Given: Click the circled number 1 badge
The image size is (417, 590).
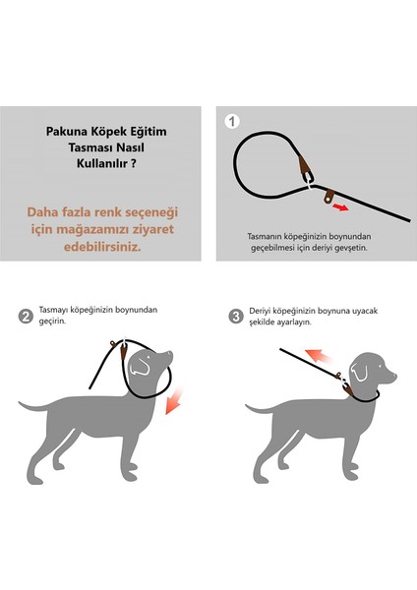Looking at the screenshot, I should pos(232,122).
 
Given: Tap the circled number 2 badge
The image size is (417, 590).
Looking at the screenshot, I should pos(26,316).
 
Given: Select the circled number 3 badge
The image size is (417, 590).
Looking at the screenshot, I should pos(236,316).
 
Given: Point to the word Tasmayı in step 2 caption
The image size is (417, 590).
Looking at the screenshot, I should pos(56,309).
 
